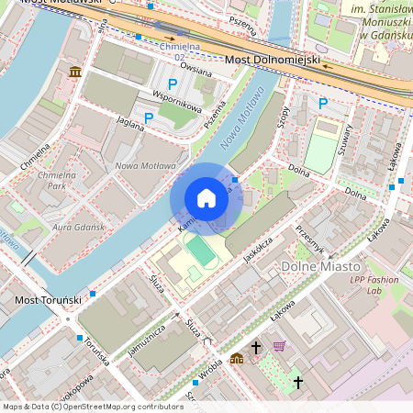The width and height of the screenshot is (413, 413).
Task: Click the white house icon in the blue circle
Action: click(x=206, y=198)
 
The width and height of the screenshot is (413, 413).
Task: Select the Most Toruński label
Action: click(x=49, y=300)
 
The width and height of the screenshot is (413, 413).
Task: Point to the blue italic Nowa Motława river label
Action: click(x=242, y=117)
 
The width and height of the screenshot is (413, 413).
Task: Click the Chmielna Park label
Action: click(x=55, y=179)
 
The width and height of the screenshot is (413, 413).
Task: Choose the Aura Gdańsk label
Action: click(x=75, y=226)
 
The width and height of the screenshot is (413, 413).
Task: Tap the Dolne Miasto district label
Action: click(x=310, y=267)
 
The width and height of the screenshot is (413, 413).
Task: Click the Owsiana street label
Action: click(x=195, y=67)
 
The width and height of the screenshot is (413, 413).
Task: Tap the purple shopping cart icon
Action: click(x=280, y=346)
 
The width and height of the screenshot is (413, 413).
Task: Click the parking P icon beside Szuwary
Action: click(x=322, y=104)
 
